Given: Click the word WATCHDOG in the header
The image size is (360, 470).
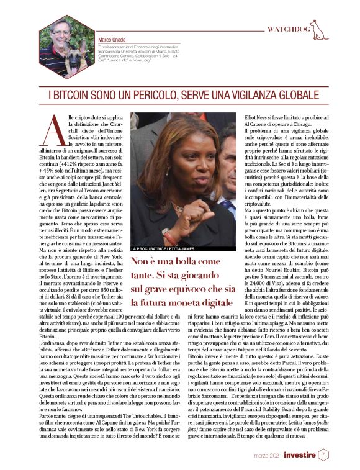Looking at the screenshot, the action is pos(287,29).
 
